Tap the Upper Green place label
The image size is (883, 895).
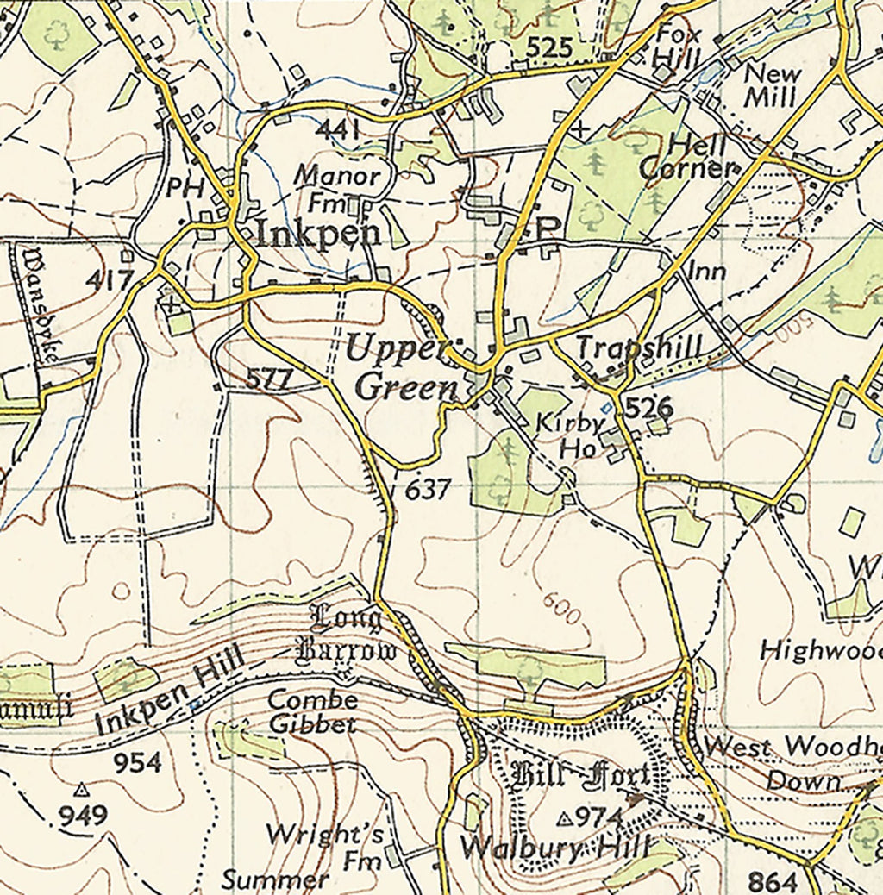click(403, 369)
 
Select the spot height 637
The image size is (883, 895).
click(428, 490)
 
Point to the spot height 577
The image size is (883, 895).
click(271, 378)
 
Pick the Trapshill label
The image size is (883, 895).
click(639, 347)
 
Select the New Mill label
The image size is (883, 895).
click(772, 85)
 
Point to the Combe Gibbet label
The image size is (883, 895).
click(312, 711)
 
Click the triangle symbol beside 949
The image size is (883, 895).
click(81, 789)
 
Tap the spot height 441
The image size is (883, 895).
click(337, 130)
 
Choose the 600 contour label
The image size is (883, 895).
click(561, 609)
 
